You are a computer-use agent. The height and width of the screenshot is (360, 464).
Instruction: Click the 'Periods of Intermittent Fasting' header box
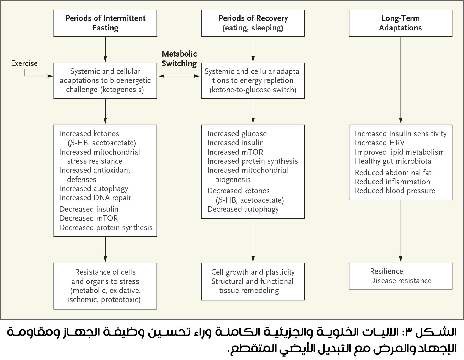[105, 23]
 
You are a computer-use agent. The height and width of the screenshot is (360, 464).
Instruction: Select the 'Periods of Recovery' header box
[253, 23]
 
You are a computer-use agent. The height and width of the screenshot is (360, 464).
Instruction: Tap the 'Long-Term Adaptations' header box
[401, 23]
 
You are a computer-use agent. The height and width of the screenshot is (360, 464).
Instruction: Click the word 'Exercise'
[24, 63]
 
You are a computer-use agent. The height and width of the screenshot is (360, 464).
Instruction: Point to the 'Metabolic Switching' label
[179, 59]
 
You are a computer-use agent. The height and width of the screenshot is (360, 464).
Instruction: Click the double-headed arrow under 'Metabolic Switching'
[179, 76]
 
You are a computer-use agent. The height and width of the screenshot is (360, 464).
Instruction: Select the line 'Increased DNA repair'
[95, 198]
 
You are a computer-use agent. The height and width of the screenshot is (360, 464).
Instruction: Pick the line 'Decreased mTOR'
[89, 218]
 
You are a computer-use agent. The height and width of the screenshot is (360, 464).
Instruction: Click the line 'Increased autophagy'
[93, 189]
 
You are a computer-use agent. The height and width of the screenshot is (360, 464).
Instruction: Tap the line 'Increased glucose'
[237, 134]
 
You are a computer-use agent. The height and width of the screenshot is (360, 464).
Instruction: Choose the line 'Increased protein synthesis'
[252, 161]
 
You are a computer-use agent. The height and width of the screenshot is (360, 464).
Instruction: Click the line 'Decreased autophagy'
[243, 209]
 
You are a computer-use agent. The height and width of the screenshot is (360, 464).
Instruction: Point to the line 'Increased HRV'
[379, 143]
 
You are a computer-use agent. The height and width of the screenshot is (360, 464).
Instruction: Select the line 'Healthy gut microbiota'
[393, 161]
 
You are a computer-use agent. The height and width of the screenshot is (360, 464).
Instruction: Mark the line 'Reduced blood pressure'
[395, 191]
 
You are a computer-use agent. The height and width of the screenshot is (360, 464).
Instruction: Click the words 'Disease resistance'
[401, 281]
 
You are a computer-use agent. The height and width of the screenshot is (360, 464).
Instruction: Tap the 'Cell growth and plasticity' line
[253, 272]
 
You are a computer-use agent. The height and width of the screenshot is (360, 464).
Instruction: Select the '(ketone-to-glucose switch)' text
[253, 90]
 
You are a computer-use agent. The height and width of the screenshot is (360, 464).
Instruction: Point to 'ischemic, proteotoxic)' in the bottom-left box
[104, 300]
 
